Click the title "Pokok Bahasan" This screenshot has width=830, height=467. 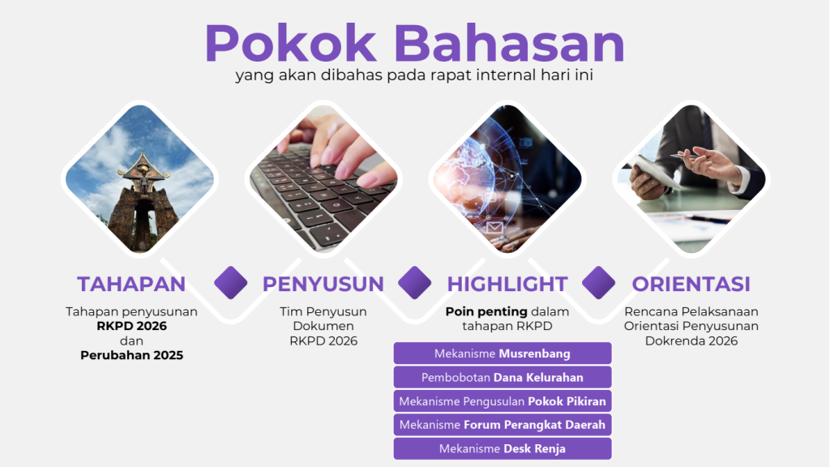tap(414, 44)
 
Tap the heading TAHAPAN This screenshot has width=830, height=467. tap(131, 285)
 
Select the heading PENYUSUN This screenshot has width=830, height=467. tap(323, 285)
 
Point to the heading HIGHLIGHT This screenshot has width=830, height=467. tap(507, 285)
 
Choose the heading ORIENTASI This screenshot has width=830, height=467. tap(691, 285)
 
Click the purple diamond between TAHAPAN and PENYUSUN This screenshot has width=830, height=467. tap(231, 283)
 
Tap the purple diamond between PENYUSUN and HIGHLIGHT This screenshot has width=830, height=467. tap(414, 283)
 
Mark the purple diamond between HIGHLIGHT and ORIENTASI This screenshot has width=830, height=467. tap(599, 283)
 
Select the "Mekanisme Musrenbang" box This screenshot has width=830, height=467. tap(503, 353)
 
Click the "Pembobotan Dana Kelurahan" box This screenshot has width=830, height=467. tap(503, 377)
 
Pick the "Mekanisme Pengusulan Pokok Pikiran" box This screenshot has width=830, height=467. tap(503, 401)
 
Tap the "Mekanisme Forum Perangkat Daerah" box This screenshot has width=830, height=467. tap(503, 425)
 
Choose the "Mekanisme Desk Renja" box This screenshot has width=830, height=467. tap(503, 448)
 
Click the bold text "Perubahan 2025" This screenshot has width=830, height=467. tap(132, 355)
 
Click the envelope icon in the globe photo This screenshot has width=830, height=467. tap(494, 228)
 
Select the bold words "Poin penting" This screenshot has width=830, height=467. tap(486, 312)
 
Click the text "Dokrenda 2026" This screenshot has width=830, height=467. tap(691, 341)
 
